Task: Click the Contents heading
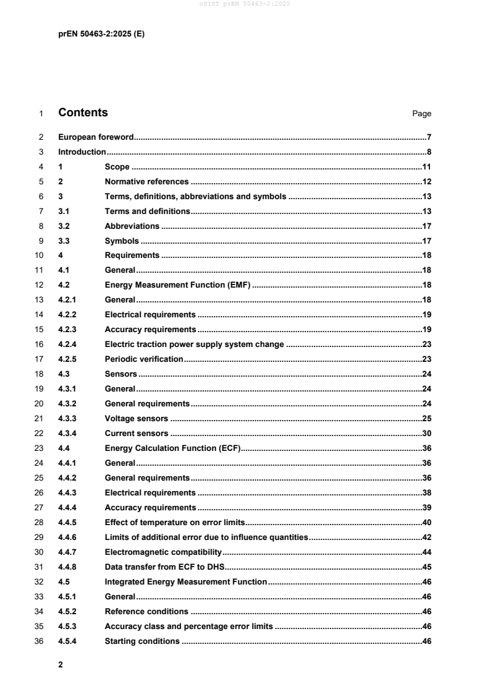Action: point(83,113)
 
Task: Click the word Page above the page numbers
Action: point(421,114)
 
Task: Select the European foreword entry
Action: point(96,137)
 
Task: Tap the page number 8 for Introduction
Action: point(429,152)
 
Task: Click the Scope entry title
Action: point(117,167)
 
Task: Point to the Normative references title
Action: point(146,182)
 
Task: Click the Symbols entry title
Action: point(122,241)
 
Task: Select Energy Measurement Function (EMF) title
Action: point(176,285)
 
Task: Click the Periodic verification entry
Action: point(144,359)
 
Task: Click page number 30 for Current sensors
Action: point(426,433)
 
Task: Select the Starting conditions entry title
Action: point(142,641)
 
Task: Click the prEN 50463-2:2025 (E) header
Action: point(101,35)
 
